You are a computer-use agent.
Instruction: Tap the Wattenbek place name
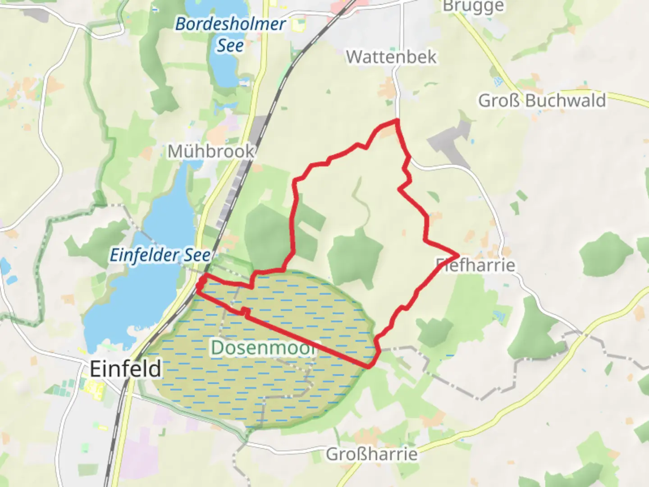[x=391, y=57]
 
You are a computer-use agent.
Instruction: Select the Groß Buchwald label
[x=542, y=100]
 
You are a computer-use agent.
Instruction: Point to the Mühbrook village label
[x=211, y=152]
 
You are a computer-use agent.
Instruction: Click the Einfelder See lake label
[x=160, y=255]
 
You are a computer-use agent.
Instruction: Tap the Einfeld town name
[x=125, y=369]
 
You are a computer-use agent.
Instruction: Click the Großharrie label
[x=371, y=454]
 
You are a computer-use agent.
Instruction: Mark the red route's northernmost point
[x=397, y=120]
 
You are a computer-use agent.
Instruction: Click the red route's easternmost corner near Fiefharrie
[x=458, y=256]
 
